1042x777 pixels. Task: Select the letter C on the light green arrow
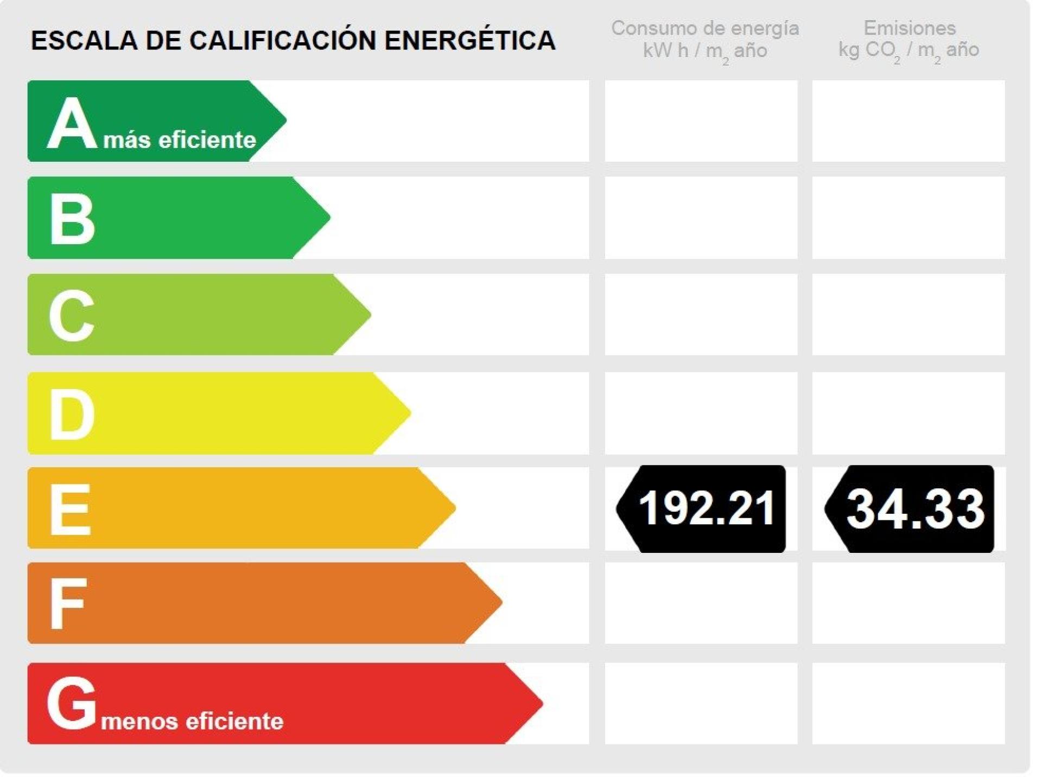pyautogui.click(x=71, y=315)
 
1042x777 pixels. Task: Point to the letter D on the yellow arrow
pyautogui.click(x=72, y=415)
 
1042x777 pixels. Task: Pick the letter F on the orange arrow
pyautogui.click(x=67, y=603)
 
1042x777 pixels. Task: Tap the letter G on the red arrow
pyautogui.click(x=71, y=703)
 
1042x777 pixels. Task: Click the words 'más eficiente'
pyautogui.click(x=180, y=140)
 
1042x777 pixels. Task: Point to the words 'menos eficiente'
pyautogui.click(x=192, y=721)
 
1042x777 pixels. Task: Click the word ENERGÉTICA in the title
pyautogui.click(x=470, y=41)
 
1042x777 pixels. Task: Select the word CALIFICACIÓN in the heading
pyautogui.click(x=283, y=41)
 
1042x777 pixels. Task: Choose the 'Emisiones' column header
pyautogui.click(x=910, y=28)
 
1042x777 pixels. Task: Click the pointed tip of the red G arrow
pyautogui.click(x=540, y=703)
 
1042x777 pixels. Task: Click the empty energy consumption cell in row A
pyautogui.click(x=701, y=121)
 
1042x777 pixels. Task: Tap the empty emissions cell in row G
pyautogui.click(x=908, y=703)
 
